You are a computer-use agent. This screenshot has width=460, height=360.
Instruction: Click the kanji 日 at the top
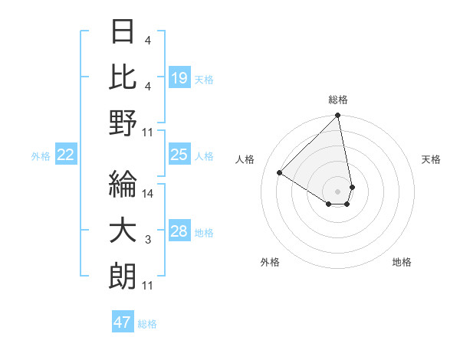coord(123,32)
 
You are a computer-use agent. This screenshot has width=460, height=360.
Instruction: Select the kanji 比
coord(123,77)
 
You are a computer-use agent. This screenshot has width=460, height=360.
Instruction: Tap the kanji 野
coord(123,123)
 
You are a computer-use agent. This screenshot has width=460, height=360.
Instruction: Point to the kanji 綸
coord(123,184)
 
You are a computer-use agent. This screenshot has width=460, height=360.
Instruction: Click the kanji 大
coord(123,231)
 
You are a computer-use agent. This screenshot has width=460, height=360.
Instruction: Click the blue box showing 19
coord(179,78)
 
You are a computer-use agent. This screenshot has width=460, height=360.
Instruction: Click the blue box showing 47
coord(123,322)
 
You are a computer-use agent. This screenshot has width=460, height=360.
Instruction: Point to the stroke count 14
coord(149,194)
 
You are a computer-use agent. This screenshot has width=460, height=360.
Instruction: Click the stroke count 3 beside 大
coord(148,241)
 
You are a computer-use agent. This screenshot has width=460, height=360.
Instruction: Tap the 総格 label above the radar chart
coord(338,100)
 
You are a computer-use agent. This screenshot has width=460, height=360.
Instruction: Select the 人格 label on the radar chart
coord(245,159)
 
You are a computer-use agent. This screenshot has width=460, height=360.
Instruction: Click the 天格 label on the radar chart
coord(432,159)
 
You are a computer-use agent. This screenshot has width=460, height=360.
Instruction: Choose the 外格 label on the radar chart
coord(270,262)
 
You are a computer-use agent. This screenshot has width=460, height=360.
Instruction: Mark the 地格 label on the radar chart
coord(402,262)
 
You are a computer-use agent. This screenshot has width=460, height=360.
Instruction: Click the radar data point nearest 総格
coord(338,116)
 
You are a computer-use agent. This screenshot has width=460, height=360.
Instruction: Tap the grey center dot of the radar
coord(338,190)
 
